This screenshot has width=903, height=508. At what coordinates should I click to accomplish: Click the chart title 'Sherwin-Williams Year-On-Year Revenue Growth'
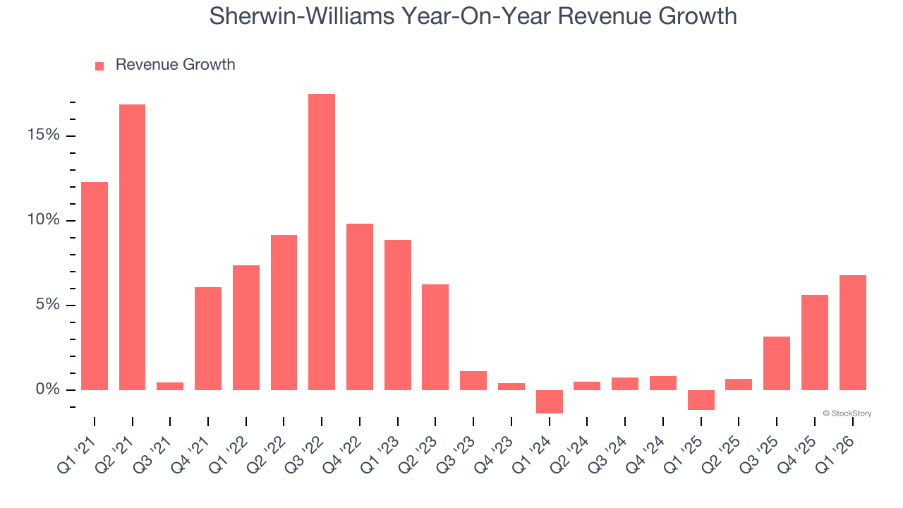pos(473,16)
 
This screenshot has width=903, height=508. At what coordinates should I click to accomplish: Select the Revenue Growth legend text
pos(175,65)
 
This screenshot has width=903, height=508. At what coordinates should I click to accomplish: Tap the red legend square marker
pos(99,66)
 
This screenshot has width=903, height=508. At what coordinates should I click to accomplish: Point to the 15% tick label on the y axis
pos(44,135)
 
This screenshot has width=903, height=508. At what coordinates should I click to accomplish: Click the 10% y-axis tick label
pos(44,219)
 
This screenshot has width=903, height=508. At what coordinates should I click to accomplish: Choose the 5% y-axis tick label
pos(48,304)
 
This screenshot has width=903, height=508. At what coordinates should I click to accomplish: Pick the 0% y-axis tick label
pos(48,389)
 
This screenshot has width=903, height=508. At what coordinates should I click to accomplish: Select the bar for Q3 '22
pos(322,242)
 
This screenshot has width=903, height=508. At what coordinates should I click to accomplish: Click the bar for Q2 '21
pos(132,247)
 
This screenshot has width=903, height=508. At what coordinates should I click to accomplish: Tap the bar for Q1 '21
pos(95,286)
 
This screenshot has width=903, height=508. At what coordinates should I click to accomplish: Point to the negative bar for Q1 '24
pos(549,401)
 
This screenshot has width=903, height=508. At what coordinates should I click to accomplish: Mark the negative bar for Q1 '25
pos(701,399)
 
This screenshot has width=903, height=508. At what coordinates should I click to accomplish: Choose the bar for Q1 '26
pos(852,332)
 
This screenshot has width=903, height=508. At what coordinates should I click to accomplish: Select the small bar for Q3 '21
pos(170,386)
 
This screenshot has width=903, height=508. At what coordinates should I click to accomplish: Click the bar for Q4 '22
pos(360,307)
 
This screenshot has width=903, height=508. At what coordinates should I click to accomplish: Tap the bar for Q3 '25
pos(777,363)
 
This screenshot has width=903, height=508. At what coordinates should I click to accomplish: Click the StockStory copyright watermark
pos(847,413)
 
